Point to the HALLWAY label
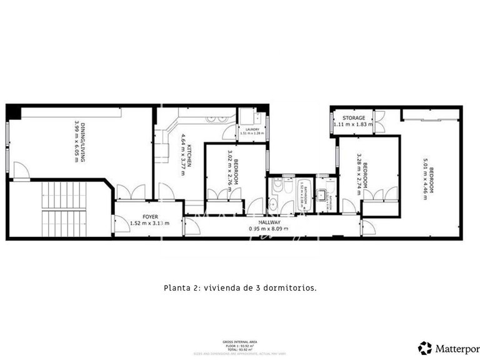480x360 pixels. tap(269, 222)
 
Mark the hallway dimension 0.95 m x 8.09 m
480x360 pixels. tap(269, 229)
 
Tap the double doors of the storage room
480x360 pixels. tap(379, 119)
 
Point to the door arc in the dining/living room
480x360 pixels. tap(21, 169)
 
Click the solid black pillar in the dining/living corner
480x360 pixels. tap(14, 112)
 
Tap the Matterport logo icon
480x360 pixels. tap(425, 347)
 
